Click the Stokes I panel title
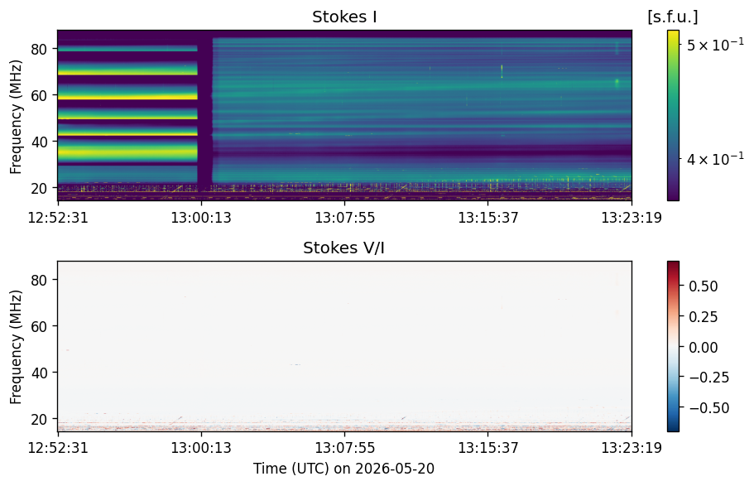pyautogui.click(x=344, y=17)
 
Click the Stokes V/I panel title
pyautogui.click(x=343, y=248)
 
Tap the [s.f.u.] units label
pyautogui.click(x=673, y=17)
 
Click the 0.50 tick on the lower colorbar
pyautogui.click(x=704, y=286)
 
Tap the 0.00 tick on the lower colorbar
pyautogui.click(x=704, y=348)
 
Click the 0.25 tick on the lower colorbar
pyautogui.click(x=704, y=316)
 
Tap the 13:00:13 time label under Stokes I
pyautogui.click(x=201, y=218)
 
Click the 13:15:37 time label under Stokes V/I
pyautogui.click(x=488, y=448)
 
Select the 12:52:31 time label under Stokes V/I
pyautogui.click(x=58, y=448)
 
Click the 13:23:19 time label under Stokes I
pyautogui.click(x=632, y=218)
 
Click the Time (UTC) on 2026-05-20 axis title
pyautogui.click(x=343, y=468)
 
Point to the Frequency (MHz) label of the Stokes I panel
pyautogui.click(x=16, y=117)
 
